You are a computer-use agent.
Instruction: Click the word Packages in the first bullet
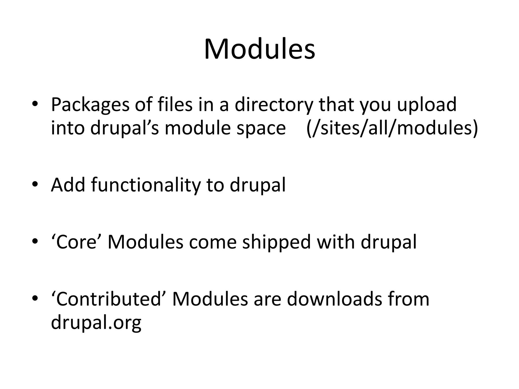pos(90,105)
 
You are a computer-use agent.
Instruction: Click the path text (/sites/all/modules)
pos(392,128)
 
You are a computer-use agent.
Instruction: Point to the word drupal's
pos(124,128)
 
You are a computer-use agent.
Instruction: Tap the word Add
pos(68,185)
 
